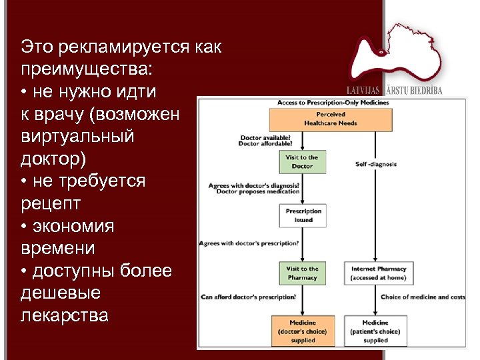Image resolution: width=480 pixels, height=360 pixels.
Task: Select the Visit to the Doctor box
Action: tap(302, 161)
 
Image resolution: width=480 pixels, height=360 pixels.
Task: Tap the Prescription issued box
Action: tap(303, 215)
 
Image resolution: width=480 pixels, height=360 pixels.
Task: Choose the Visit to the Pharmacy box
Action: tap(303, 273)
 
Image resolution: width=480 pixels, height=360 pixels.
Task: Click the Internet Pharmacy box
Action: tap(378, 273)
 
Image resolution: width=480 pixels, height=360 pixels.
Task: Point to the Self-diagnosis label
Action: tap(375, 163)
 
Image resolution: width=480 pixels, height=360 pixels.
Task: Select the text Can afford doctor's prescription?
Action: tap(248, 297)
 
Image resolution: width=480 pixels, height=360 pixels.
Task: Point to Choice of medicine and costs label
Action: tap(423, 297)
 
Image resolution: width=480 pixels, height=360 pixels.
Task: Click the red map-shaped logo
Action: tap(393, 56)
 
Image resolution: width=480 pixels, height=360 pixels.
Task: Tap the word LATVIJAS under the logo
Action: tap(363, 90)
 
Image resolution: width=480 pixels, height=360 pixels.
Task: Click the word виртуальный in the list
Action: tap(77, 136)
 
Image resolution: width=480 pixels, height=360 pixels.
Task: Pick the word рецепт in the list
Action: tap(49, 203)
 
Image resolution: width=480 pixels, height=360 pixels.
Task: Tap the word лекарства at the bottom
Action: tap(64, 315)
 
